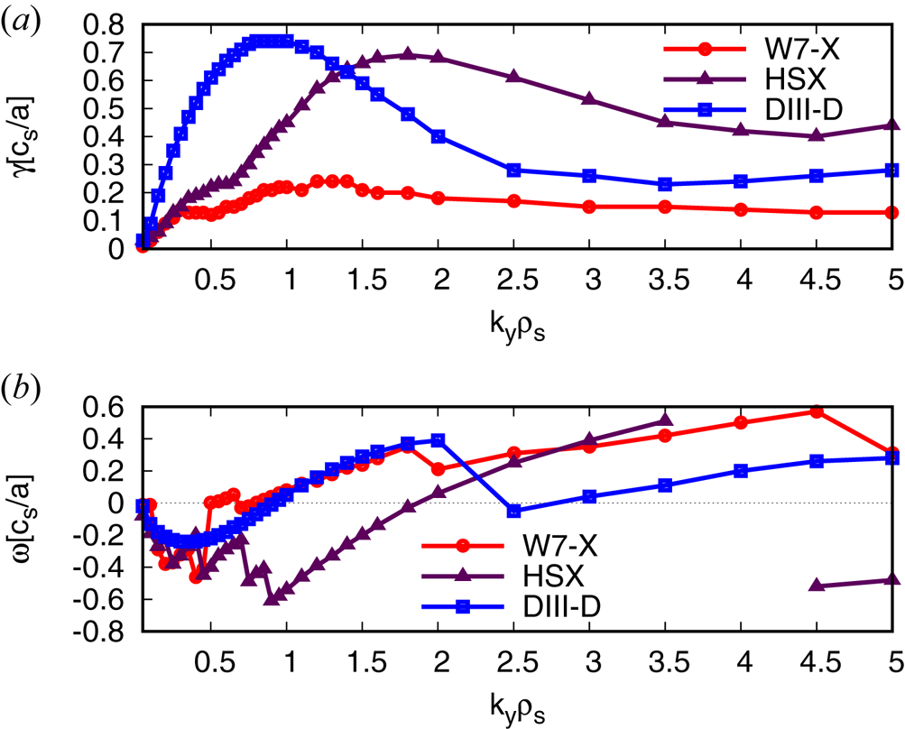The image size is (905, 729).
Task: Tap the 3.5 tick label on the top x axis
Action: pyautogui.click(x=665, y=279)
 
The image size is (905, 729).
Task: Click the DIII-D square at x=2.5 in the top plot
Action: pyautogui.click(x=514, y=170)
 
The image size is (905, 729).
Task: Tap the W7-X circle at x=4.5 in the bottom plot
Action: pyautogui.click(x=817, y=411)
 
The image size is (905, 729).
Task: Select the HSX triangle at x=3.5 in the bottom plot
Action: pyautogui.click(x=665, y=420)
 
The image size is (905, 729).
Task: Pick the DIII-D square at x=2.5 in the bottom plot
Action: pyautogui.click(x=514, y=511)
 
